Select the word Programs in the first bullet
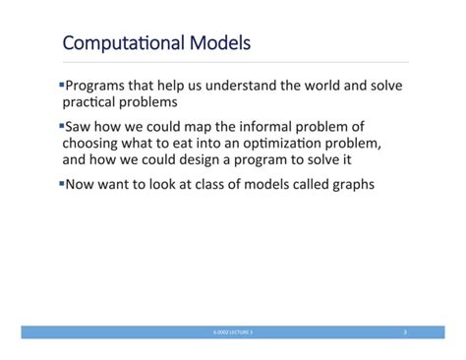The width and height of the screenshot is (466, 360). coord(97,86)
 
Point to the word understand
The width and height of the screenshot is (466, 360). coord(237,86)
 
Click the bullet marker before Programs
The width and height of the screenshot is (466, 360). coord(60,86)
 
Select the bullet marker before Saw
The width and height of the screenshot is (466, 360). coord(60,126)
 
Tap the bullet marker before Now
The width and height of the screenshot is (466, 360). coord(60,182)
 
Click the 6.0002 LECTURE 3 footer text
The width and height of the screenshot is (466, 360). coord(233,333)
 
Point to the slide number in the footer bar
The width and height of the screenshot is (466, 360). coord(404,333)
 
